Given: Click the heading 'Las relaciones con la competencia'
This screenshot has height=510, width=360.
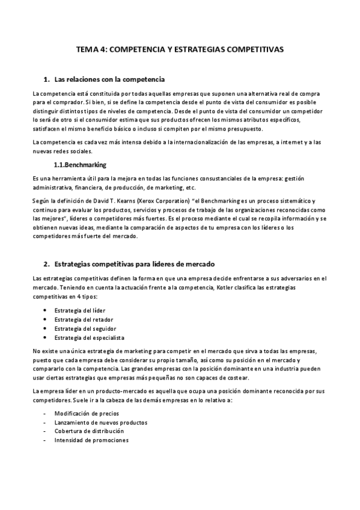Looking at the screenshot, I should point(109,79).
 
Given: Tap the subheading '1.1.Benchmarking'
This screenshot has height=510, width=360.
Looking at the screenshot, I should point(81,164).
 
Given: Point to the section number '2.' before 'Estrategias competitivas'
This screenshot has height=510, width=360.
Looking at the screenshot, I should point(46,264).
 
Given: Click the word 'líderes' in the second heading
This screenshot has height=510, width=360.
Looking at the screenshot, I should point(163,264).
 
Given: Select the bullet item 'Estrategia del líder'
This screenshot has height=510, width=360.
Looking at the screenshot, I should point(79,310).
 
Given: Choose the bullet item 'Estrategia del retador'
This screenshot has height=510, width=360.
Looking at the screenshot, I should point(84,319).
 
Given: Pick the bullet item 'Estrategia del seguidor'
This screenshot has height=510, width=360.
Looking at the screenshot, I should point(85,329).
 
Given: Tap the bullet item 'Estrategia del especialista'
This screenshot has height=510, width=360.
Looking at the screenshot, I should point(91,338).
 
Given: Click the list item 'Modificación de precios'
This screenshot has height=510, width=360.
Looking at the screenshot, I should point(87,413).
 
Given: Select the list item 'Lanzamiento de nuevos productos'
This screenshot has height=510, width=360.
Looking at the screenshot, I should point(100,422).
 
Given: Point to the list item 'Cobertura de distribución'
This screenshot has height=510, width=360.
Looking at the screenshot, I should point(89,431).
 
